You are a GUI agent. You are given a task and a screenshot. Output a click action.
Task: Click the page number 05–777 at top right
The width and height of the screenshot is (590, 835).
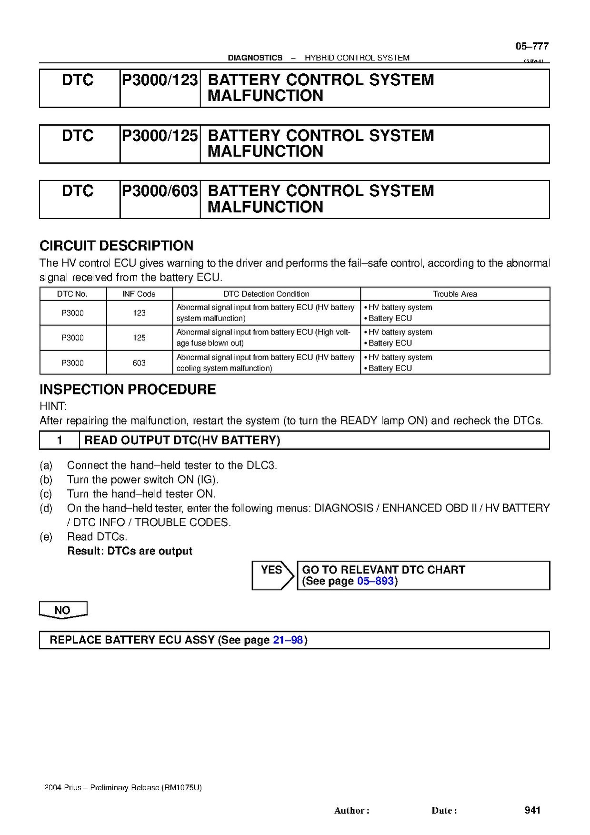[x=532, y=46]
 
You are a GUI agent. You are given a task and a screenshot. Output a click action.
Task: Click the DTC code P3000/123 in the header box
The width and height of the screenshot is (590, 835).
[x=160, y=80]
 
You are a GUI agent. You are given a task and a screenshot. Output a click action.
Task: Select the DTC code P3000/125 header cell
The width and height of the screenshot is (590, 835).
[x=160, y=136]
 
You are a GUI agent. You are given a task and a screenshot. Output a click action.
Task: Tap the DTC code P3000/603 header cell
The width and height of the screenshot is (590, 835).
[x=160, y=191]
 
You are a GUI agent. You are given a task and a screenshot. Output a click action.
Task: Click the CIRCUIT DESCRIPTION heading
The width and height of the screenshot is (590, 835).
[x=116, y=246]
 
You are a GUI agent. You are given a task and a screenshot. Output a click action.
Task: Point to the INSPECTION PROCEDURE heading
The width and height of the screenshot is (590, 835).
[x=128, y=390]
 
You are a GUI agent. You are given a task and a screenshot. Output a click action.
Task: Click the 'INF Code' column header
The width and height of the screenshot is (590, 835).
[x=139, y=294]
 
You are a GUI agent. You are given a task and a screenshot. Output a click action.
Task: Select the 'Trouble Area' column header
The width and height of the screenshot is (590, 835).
[x=455, y=294]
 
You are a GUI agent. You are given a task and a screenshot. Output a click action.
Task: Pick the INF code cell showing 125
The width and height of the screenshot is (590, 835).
[x=139, y=338]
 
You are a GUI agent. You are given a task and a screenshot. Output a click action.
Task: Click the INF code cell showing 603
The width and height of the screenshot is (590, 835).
[x=139, y=363]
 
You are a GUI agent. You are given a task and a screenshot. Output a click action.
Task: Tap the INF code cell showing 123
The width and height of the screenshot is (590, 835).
[x=139, y=313]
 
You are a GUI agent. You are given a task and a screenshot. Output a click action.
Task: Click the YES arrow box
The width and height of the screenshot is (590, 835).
[x=272, y=575]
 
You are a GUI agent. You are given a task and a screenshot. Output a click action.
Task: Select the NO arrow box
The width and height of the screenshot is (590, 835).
[x=63, y=610]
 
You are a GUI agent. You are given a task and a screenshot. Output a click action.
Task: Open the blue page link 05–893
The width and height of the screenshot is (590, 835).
[x=375, y=581]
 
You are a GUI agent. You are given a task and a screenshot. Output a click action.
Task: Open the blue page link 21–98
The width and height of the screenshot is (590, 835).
[x=288, y=640]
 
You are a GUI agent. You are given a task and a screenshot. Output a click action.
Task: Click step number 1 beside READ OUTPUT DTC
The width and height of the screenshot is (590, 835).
[x=60, y=440]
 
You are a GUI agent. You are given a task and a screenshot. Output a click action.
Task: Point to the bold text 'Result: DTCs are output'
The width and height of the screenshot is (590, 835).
[x=130, y=551]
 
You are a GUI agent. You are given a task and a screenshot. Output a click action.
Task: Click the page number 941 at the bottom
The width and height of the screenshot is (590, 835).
[x=532, y=810]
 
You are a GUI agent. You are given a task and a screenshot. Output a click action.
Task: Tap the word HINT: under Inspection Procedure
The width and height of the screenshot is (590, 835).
[x=53, y=406]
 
